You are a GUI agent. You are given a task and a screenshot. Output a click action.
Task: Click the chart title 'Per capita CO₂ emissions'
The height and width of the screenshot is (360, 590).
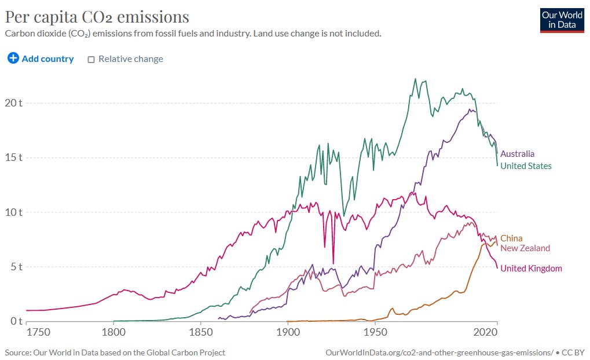pyautogui.click(x=97, y=16)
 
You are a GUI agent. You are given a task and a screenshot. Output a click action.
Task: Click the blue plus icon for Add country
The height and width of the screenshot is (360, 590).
pyautogui.click(x=13, y=58)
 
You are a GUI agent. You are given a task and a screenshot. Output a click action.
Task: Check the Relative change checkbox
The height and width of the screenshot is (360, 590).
pyautogui.click(x=91, y=59)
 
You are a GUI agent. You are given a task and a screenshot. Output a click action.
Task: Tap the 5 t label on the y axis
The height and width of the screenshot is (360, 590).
pyautogui.click(x=16, y=267)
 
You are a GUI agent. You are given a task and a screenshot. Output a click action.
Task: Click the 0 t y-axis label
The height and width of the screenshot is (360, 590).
pyautogui.click(x=16, y=321)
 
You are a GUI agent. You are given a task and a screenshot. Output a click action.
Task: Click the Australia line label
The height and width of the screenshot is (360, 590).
pyautogui.click(x=517, y=154)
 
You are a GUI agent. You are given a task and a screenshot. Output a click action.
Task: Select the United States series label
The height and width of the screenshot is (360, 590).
pyautogui.click(x=526, y=166)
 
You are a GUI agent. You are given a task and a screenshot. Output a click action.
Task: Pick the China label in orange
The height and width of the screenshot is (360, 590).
pyautogui.click(x=511, y=238)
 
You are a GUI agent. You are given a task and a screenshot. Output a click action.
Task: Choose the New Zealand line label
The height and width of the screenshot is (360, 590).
pyautogui.click(x=525, y=248)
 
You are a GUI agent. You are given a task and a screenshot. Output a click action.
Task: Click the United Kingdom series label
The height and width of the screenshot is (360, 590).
pyautogui.click(x=531, y=268)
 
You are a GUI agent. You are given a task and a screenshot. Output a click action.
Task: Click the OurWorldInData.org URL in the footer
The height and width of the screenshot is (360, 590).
pyautogui.click(x=438, y=352)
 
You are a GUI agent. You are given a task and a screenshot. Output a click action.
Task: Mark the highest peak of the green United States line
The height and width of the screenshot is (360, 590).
pyautogui.click(x=415, y=79)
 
